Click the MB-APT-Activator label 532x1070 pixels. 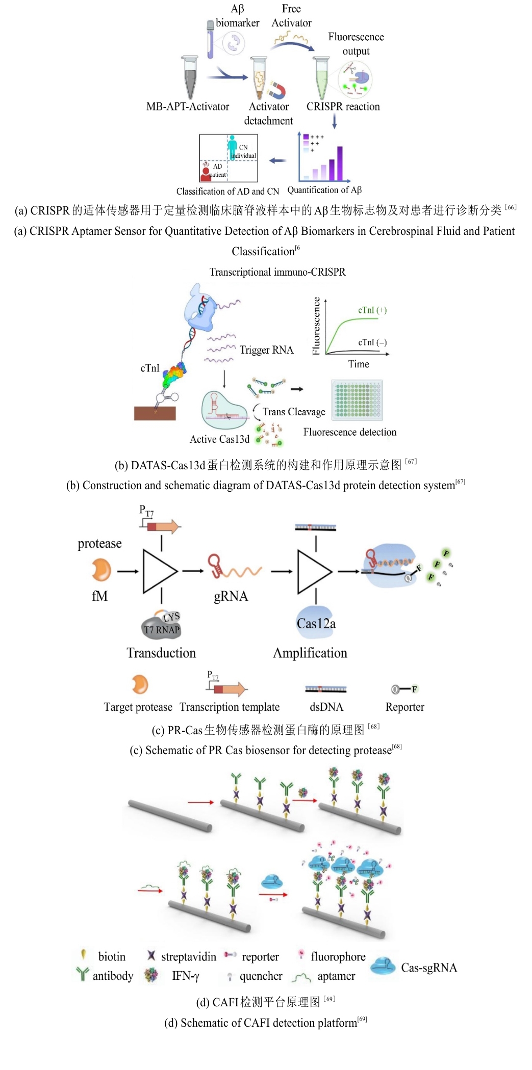188,106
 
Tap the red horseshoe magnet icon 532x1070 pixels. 276,90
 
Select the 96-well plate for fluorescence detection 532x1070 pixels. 357,400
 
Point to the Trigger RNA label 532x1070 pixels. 266,350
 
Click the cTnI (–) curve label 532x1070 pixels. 372,342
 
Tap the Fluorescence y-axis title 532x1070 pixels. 316,326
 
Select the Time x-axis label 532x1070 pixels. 358,364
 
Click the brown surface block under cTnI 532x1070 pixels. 155,413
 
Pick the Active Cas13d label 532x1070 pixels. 219,439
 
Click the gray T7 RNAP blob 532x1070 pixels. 161,626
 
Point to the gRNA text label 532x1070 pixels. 231,596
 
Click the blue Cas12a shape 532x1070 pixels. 316,622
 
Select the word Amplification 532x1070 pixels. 310,653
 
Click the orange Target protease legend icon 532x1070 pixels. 139,685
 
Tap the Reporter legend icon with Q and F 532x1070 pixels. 404,689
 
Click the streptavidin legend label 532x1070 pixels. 188,956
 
